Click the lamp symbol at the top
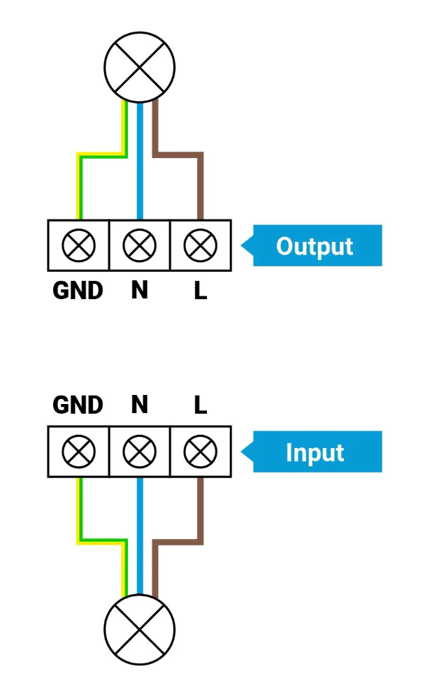click(140, 66)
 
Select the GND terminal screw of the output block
click(78, 245)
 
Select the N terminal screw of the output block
click(140, 245)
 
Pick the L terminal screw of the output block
click(201, 245)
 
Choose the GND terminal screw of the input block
click(78, 452)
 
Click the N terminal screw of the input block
click(140, 452)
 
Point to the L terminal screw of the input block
click(201, 452)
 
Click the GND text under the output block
click(78, 290)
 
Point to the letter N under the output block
click(140, 290)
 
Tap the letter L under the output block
click(201, 290)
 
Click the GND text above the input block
click(78, 405)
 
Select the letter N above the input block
click(140, 405)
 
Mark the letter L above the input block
click(201, 405)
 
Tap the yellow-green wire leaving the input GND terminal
click(79, 510)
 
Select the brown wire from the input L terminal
click(201, 510)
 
